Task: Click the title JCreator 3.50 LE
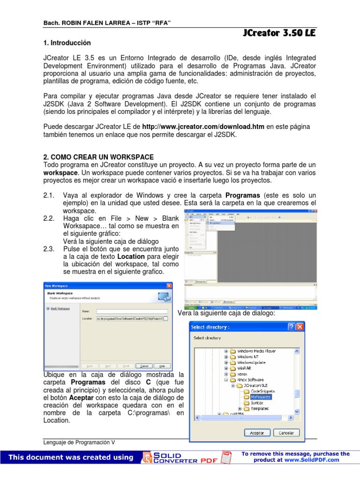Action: pyautogui.click(x=279, y=33)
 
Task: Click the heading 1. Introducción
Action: pyautogui.click(x=67, y=43)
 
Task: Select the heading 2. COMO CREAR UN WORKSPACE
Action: pyautogui.click(x=98, y=157)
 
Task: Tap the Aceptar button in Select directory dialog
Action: pyautogui.click(x=256, y=433)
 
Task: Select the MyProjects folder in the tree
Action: pyautogui.click(x=261, y=397)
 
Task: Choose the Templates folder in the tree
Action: pyautogui.click(x=259, y=408)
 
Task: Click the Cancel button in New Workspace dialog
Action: pyautogui.click(x=144, y=366)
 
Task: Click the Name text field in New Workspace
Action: pyautogui.click(x=132, y=311)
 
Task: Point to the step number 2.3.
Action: pyautogui.click(x=49, y=249)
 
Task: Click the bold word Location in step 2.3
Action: pyautogui.click(x=131, y=257)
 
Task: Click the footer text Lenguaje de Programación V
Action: pyautogui.click(x=78, y=442)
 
